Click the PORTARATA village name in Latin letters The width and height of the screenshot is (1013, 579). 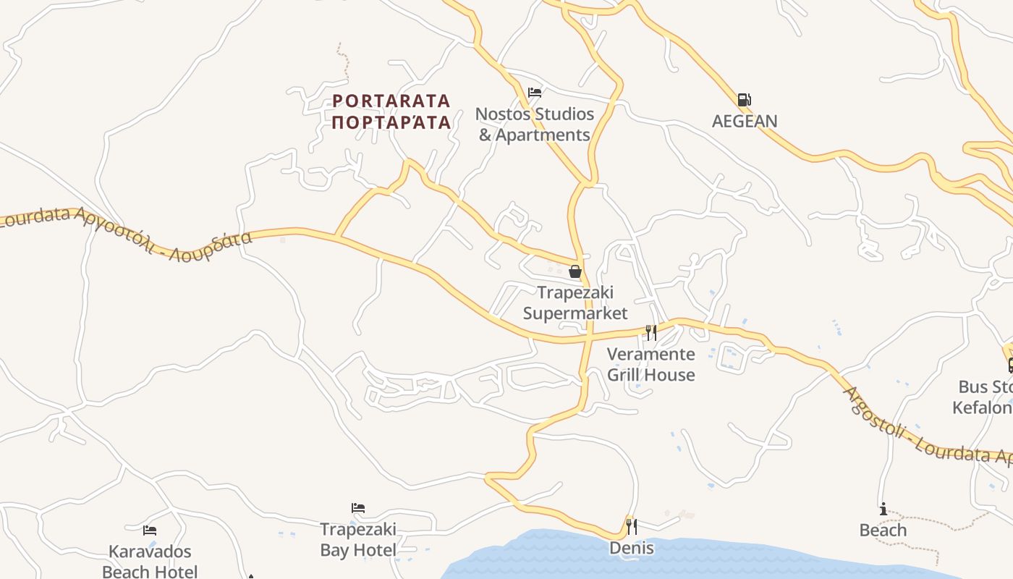coord(391,101)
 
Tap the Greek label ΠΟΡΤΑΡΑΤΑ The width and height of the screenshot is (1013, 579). coord(391,122)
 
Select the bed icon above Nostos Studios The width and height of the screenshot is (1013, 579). coord(535,93)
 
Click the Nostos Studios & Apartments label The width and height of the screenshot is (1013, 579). coord(535,124)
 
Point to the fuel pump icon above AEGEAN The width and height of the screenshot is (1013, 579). coord(744,100)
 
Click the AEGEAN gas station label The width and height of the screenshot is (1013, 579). coord(744,121)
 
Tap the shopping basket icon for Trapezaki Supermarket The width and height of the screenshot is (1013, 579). coord(575,271)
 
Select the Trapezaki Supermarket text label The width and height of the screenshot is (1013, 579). coord(575,303)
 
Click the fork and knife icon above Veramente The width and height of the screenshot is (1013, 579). coord(651,332)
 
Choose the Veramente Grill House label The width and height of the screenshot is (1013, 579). coord(650,364)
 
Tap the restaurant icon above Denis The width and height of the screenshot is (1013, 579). coord(631,526)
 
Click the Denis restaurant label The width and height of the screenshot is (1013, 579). coord(631,548)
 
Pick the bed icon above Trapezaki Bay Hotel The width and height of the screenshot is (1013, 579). coord(358,508)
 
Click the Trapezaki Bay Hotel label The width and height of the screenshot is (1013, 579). coord(358,540)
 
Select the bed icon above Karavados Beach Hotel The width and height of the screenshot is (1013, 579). coord(150,531)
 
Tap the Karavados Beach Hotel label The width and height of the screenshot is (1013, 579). coord(150,562)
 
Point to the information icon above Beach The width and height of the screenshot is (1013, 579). coord(883,510)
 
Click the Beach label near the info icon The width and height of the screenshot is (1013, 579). coord(883,531)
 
